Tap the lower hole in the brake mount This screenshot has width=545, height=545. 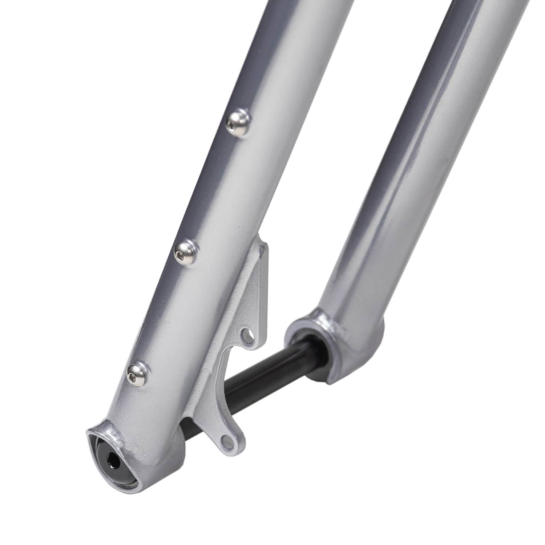(229, 441)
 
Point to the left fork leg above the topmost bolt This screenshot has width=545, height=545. (276, 54)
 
